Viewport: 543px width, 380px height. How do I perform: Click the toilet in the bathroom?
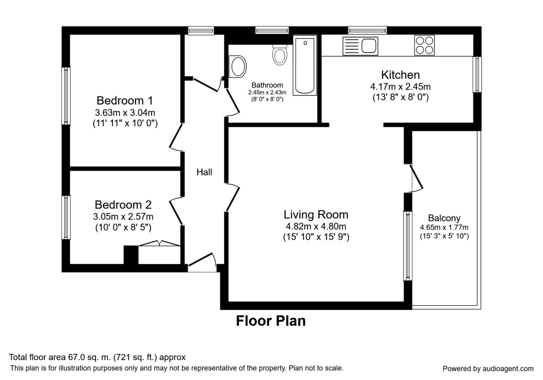click(x=280, y=55)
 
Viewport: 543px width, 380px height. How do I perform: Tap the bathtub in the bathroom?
click(x=305, y=66)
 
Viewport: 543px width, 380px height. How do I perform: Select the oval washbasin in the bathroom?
click(x=238, y=66)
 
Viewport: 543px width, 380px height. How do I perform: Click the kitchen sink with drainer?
click(x=360, y=46)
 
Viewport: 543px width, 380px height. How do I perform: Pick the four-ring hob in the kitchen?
click(x=424, y=45)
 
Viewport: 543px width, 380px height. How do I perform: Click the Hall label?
click(x=204, y=172)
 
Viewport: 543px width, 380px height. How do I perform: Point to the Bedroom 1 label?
click(x=125, y=100)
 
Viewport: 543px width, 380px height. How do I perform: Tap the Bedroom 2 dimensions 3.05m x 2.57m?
click(x=123, y=216)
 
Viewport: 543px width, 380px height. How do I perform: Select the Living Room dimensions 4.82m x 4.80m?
click(x=316, y=226)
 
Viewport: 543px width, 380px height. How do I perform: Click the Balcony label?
click(x=444, y=218)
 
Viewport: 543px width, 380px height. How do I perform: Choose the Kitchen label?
click(x=400, y=75)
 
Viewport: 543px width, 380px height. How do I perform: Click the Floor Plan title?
click(x=271, y=321)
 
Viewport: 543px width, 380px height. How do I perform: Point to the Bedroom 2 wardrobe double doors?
click(x=159, y=243)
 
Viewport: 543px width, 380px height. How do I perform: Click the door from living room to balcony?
click(x=416, y=179)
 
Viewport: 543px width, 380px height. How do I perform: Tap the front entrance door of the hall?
click(x=203, y=262)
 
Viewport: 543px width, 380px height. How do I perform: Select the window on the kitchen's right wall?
click(x=477, y=74)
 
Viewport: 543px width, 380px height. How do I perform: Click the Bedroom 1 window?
click(x=66, y=96)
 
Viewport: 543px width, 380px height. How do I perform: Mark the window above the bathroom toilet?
click(x=272, y=30)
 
